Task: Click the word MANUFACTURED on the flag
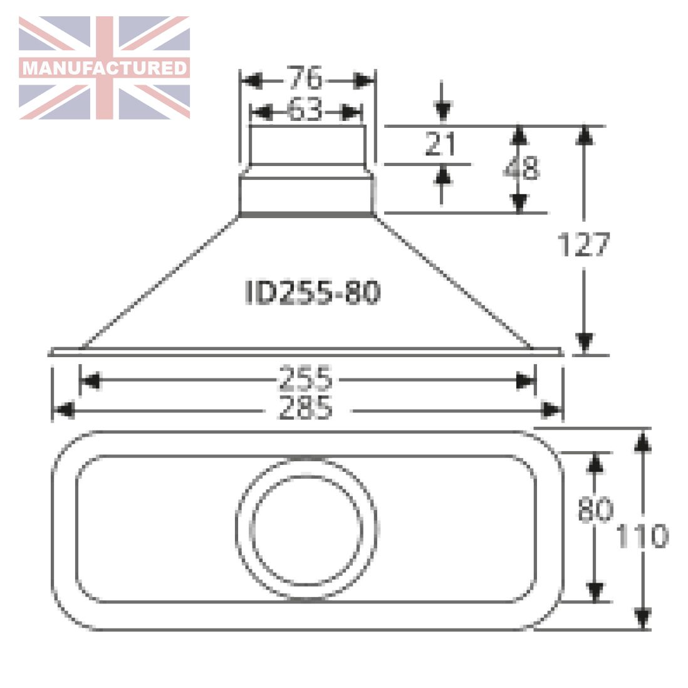(x=105, y=68)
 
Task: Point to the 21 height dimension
(x=440, y=143)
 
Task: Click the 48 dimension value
(x=522, y=168)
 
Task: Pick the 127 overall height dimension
(x=583, y=244)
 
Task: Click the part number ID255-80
(x=313, y=292)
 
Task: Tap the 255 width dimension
(x=305, y=378)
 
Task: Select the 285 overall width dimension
(x=305, y=408)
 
